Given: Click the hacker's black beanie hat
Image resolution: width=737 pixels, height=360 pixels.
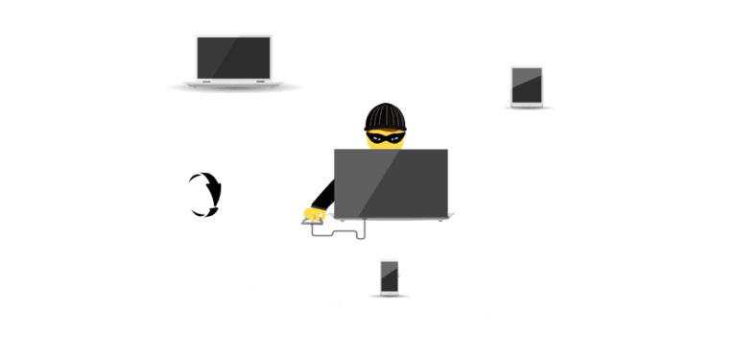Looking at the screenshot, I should tap(386, 117).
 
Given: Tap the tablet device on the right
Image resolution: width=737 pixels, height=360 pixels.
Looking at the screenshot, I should tap(527, 85).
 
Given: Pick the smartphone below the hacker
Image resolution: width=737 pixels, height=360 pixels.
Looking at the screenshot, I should tap(390, 276).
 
